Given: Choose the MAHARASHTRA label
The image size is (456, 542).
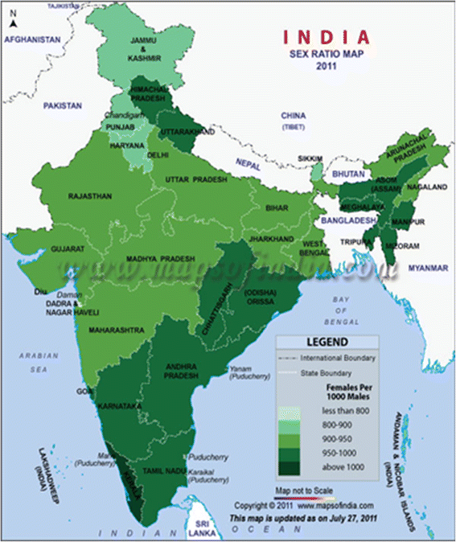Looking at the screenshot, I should coord(117,330).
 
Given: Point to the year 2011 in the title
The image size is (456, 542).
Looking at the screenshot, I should coord(326,69).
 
